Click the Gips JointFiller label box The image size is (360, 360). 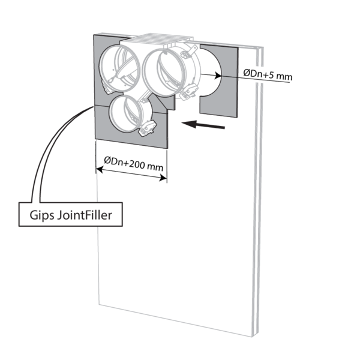(x=70, y=214)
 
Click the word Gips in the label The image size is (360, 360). (x=42, y=215)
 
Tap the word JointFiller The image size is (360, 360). (x=85, y=215)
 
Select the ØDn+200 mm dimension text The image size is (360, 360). (x=133, y=164)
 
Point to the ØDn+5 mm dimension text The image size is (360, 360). (x=268, y=75)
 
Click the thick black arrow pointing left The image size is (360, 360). (x=203, y=124)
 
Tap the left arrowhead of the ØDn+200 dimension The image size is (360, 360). (x=99, y=170)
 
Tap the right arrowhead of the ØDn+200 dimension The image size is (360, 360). (x=163, y=178)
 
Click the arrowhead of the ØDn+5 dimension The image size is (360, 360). (x=217, y=76)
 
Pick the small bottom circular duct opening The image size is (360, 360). (x=125, y=114)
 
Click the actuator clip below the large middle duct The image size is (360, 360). (x=189, y=92)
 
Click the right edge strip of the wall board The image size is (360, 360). (x=258, y=191)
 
